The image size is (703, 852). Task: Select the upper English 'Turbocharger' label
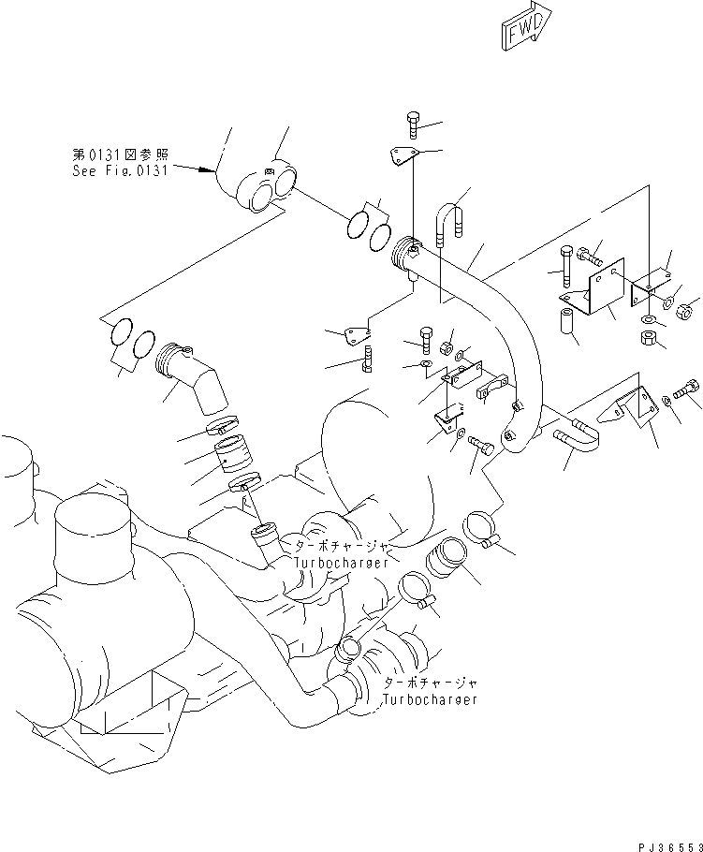pos(336,563)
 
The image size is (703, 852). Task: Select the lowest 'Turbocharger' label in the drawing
pos(431,699)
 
